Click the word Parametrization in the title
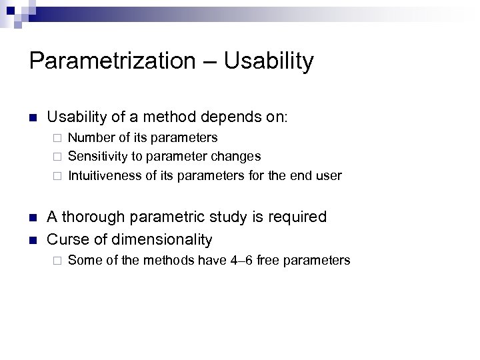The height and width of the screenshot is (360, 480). pyautogui.click(x=111, y=61)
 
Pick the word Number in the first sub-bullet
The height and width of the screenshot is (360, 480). pyautogui.click(x=89, y=137)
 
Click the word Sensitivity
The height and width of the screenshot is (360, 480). pyautogui.click(x=96, y=157)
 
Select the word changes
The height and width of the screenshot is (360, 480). pyautogui.click(x=236, y=157)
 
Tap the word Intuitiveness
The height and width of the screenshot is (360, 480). pyautogui.click(x=103, y=176)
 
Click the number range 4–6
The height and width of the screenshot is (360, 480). pyautogui.click(x=241, y=260)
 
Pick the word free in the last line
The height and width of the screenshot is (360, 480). pyautogui.click(x=269, y=260)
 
